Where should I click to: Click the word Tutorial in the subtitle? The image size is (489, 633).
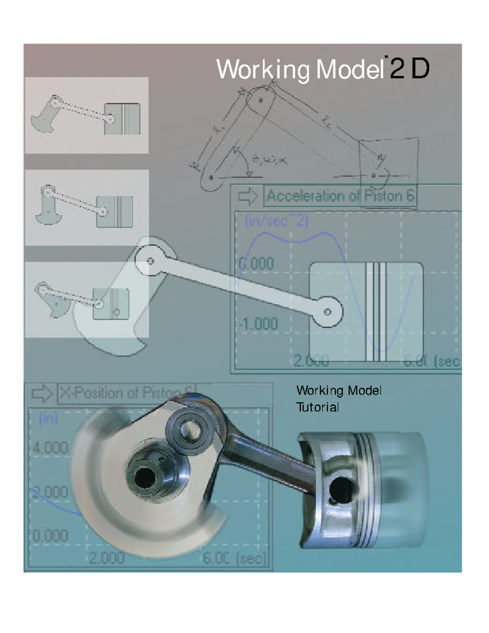pos(317,407)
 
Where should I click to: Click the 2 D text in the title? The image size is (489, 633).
pos(409,69)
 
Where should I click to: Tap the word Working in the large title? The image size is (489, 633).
pos(263,70)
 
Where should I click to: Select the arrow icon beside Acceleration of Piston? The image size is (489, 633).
pos(248,196)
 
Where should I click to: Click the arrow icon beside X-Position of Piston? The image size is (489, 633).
pos(42,394)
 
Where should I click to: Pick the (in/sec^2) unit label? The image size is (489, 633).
pos(276,221)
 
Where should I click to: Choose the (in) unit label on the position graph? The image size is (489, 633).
pos(48,419)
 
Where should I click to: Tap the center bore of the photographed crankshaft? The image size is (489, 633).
pos(143,476)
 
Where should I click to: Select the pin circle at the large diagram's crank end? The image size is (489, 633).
pos(150,261)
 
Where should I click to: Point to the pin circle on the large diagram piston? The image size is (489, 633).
pos(328,312)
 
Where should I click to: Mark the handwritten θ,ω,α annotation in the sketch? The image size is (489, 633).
pos(269,160)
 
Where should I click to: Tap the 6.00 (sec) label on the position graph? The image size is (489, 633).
pos(234,558)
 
